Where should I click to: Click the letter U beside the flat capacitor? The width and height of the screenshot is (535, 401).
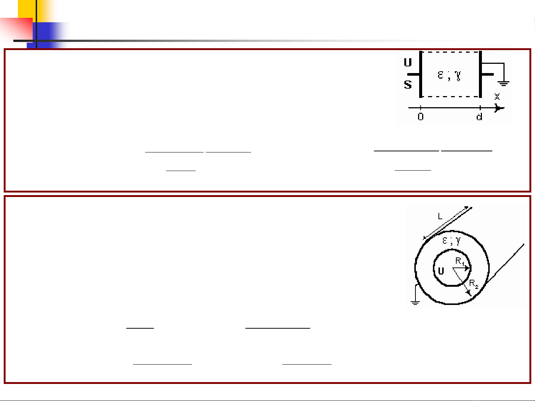pyautogui.click(x=408, y=62)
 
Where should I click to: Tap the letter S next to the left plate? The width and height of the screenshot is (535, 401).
pyautogui.click(x=408, y=85)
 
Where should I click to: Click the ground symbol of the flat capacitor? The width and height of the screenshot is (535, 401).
pyautogui.click(x=503, y=83)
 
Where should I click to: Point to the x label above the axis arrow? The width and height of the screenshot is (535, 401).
pyautogui.click(x=497, y=96)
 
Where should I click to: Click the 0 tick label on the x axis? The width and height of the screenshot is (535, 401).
pyautogui.click(x=420, y=117)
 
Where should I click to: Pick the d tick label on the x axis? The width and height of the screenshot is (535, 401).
pyautogui.click(x=479, y=117)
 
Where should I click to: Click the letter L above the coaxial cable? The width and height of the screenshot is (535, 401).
pyautogui.click(x=440, y=216)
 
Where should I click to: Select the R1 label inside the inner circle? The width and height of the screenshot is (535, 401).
pyautogui.click(x=460, y=261)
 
